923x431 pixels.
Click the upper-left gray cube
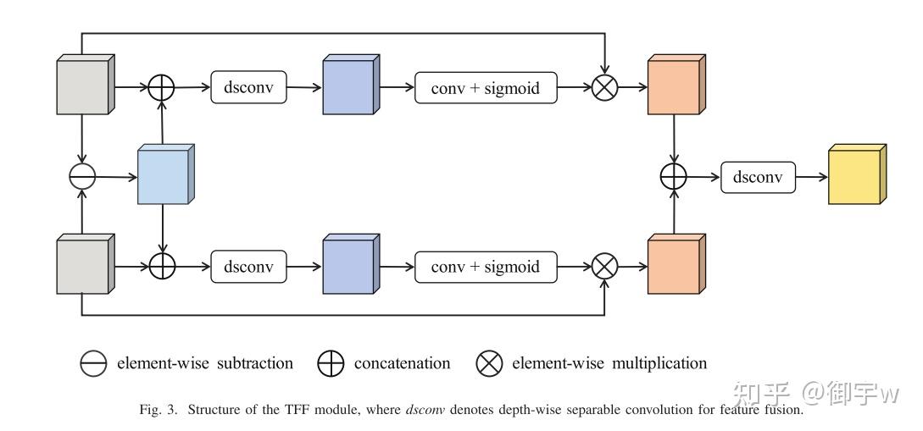pyautogui.click(x=86, y=85)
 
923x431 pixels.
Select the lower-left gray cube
pyautogui.click(x=86, y=264)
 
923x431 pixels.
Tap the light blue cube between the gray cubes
pyautogui.click(x=166, y=174)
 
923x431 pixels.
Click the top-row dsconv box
pyautogui.click(x=249, y=87)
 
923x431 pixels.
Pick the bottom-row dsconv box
pyautogui.click(x=249, y=267)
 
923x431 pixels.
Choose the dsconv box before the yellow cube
pyautogui.click(x=759, y=177)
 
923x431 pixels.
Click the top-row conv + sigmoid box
pyautogui.click(x=486, y=87)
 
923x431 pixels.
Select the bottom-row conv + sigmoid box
pyautogui.click(x=486, y=267)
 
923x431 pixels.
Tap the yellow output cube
pyautogui.click(x=857, y=174)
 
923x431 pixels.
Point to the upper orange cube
pyautogui.click(x=676, y=85)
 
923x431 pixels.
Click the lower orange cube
pyautogui.click(x=676, y=264)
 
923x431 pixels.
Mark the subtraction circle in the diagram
pyautogui.click(x=82, y=176)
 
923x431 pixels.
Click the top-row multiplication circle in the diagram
pyautogui.click(x=604, y=87)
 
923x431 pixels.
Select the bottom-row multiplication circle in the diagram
pyautogui.click(x=604, y=267)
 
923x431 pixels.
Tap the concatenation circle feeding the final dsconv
pyautogui.click(x=674, y=176)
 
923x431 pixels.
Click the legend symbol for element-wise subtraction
pyautogui.click(x=93, y=363)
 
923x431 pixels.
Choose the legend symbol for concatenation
pyautogui.click(x=331, y=363)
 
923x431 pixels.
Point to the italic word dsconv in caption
pyautogui.click(x=425, y=409)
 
